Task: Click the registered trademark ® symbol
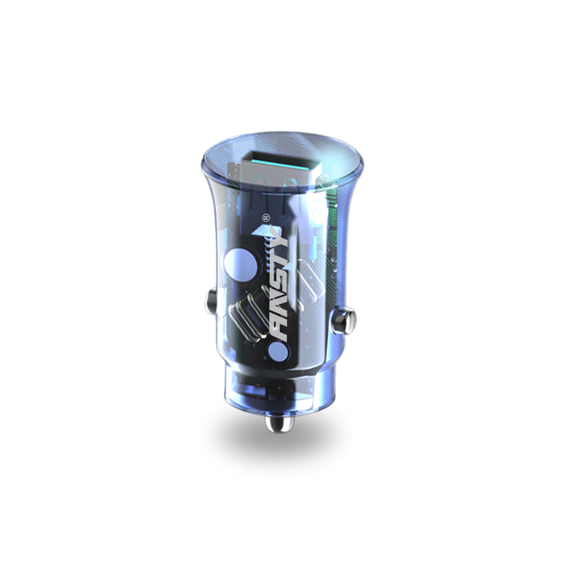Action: [266, 218]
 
